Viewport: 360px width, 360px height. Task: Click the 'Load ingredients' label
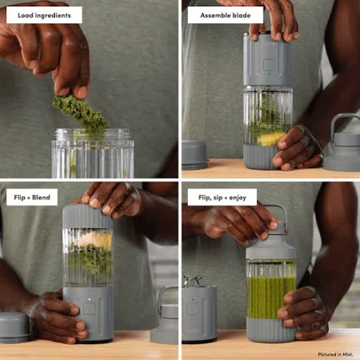(x=44, y=15)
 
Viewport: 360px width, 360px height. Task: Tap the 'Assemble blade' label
(x=226, y=15)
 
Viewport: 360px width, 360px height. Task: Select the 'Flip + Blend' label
(x=32, y=198)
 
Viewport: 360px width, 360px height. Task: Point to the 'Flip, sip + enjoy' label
(x=222, y=198)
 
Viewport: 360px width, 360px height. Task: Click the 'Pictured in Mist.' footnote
(x=335, y=354)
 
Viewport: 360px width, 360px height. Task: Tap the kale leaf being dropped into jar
(x=80, y=110)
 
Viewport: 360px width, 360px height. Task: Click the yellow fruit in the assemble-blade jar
(x=270, y=138)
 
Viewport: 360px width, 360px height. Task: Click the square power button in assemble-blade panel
(x=268, y=65)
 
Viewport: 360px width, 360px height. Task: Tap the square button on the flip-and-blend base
(x=90, y=309)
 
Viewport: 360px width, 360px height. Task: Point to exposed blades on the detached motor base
(x=192, y=281)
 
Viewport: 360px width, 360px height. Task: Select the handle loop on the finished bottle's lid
(x=274, y=214)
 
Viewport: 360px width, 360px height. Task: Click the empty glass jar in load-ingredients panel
(x=93, y=154)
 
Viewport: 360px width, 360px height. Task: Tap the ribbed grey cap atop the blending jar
(x=87, y=217)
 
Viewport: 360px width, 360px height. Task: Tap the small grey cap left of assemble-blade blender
(x=194, y=154)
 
